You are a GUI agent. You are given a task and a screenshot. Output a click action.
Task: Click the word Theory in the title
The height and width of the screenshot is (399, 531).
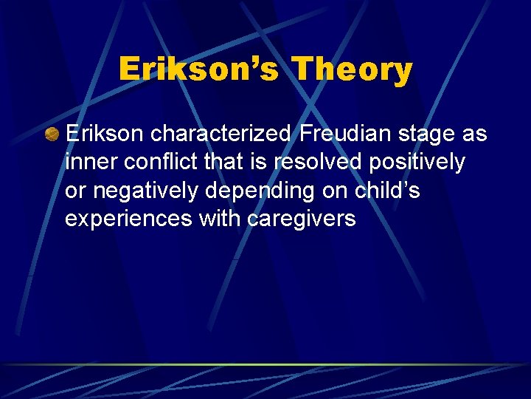tap(352, 69)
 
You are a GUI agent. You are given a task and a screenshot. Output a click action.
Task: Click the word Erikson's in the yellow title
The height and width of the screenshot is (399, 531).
tap(198, 69)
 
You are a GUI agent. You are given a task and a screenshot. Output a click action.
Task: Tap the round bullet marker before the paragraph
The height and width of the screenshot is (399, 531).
tap(52, 134)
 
